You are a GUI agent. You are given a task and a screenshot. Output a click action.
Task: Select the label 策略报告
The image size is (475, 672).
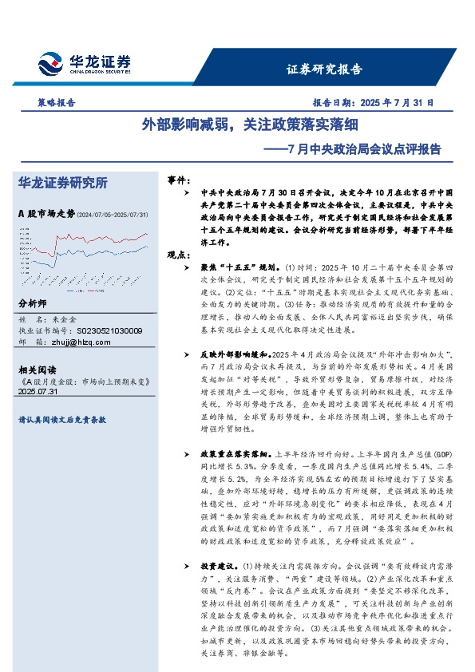57,103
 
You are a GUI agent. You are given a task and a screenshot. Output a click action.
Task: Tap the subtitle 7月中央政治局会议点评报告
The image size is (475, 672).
351,148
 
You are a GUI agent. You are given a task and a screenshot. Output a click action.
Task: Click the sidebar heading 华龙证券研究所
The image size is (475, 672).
62,183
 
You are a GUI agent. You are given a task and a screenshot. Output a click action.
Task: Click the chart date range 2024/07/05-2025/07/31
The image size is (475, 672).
113,215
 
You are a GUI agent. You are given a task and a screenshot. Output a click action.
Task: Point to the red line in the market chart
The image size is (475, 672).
120,240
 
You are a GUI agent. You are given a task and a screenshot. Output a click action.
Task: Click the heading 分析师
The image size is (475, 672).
33,304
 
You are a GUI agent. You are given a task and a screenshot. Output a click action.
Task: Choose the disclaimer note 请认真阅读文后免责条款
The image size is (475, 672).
62,419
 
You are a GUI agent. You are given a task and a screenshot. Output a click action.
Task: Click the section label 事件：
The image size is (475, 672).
178,180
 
